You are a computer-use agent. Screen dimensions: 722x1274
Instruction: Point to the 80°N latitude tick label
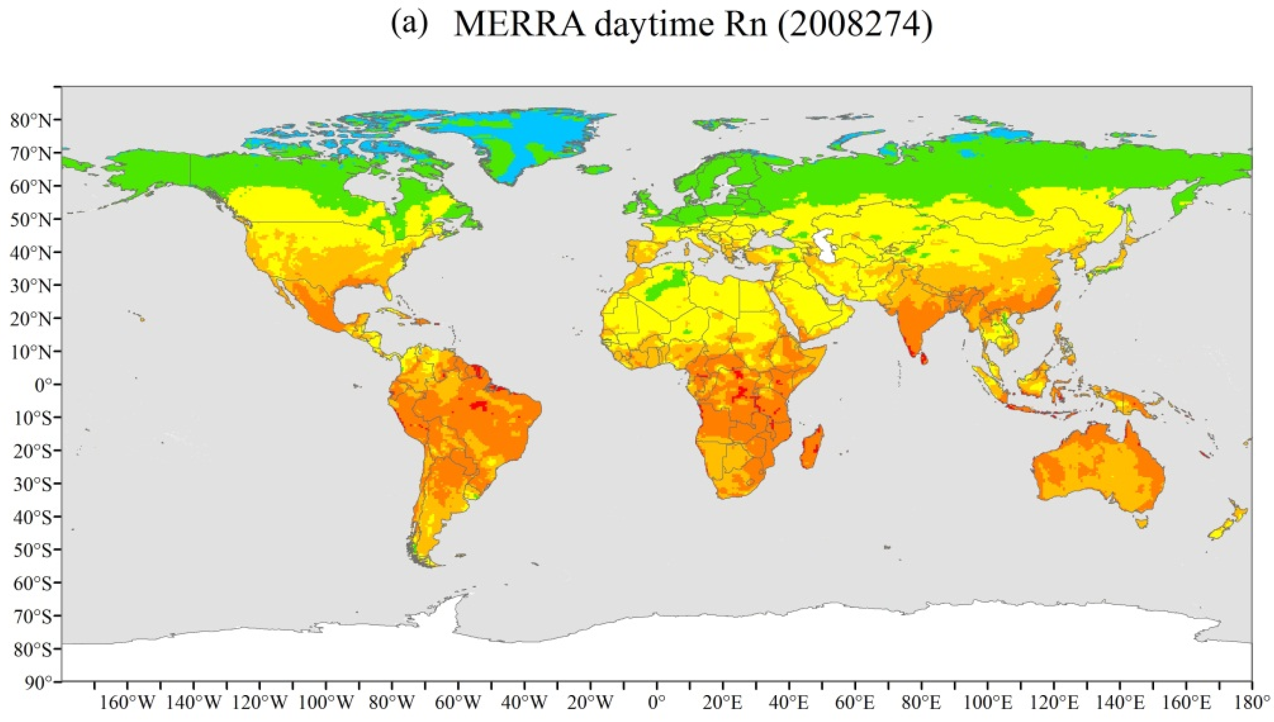tap(31, 120)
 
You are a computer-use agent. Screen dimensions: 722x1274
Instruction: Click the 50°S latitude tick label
tap(31, 550)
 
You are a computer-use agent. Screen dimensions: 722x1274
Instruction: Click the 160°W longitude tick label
tap(127, 703)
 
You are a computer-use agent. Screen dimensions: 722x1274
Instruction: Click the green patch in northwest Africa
tap(667, 287)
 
